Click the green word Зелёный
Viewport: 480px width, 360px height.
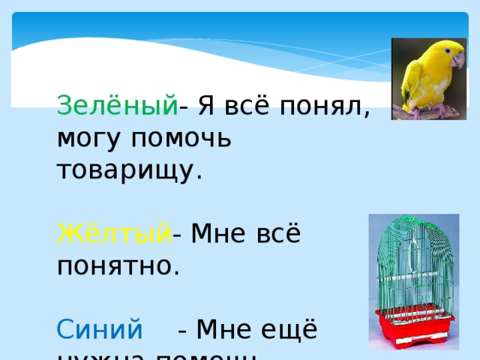117,107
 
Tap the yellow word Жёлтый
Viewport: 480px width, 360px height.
114,235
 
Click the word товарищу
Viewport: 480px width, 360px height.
130,169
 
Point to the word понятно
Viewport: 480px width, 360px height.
118,265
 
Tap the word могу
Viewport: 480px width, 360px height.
87,139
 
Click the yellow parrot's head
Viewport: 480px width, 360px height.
442,55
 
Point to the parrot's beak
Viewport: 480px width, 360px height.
457,61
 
